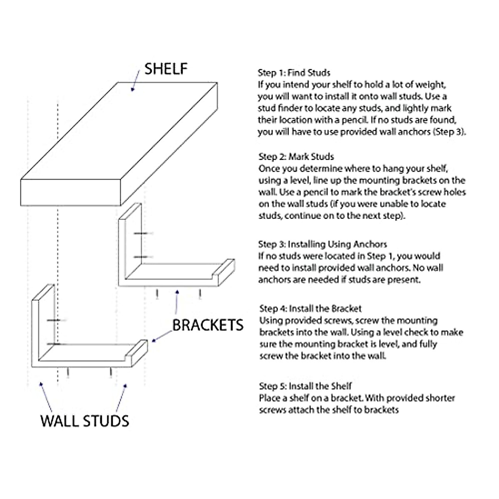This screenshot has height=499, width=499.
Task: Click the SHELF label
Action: pos(166,69)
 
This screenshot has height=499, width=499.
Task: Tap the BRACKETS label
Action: pos(208,325)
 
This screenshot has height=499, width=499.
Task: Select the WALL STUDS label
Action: pos(85,421)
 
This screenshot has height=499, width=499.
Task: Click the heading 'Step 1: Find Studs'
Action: pos(294,73)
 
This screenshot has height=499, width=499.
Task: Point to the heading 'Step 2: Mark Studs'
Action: pos(296,157)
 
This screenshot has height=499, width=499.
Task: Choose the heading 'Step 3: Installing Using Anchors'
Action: pos(322,244)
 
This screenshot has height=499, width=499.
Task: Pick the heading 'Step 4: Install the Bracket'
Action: pos(310,309)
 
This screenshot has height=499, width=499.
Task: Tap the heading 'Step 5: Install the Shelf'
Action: pos(305,386)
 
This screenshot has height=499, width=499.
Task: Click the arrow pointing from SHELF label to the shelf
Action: pos(136,80)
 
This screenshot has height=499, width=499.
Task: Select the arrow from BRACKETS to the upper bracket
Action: pos(177,301)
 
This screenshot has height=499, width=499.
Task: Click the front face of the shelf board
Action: pos(71,193)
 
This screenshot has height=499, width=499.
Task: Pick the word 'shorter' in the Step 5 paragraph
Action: pos(437,398)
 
